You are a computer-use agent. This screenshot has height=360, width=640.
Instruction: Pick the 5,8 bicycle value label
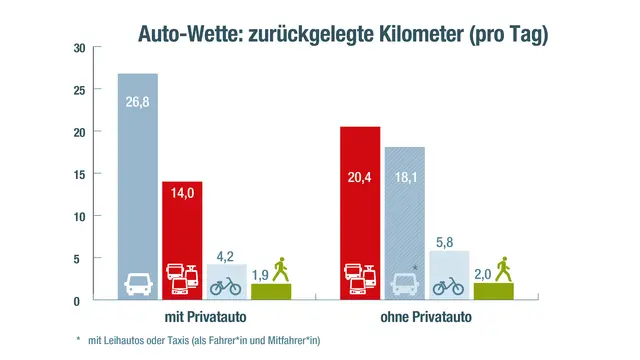[450, 240]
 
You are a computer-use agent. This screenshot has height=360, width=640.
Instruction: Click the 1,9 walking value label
[259, 274]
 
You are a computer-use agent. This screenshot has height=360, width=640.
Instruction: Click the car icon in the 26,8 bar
[138, 283]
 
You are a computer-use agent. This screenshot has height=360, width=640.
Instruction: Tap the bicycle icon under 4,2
[227, 286]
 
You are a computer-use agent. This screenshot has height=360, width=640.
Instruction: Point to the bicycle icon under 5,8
[450, 286]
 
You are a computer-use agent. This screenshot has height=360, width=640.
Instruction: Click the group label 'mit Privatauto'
[205, 318]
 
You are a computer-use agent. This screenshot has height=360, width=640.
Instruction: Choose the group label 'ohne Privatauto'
[428, 318]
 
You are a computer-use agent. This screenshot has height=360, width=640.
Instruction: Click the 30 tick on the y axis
[79, 47]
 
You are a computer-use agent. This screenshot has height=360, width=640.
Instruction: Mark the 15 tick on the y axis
[79, 174]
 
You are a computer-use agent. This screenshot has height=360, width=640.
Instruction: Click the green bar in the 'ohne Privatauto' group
[492, 291]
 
